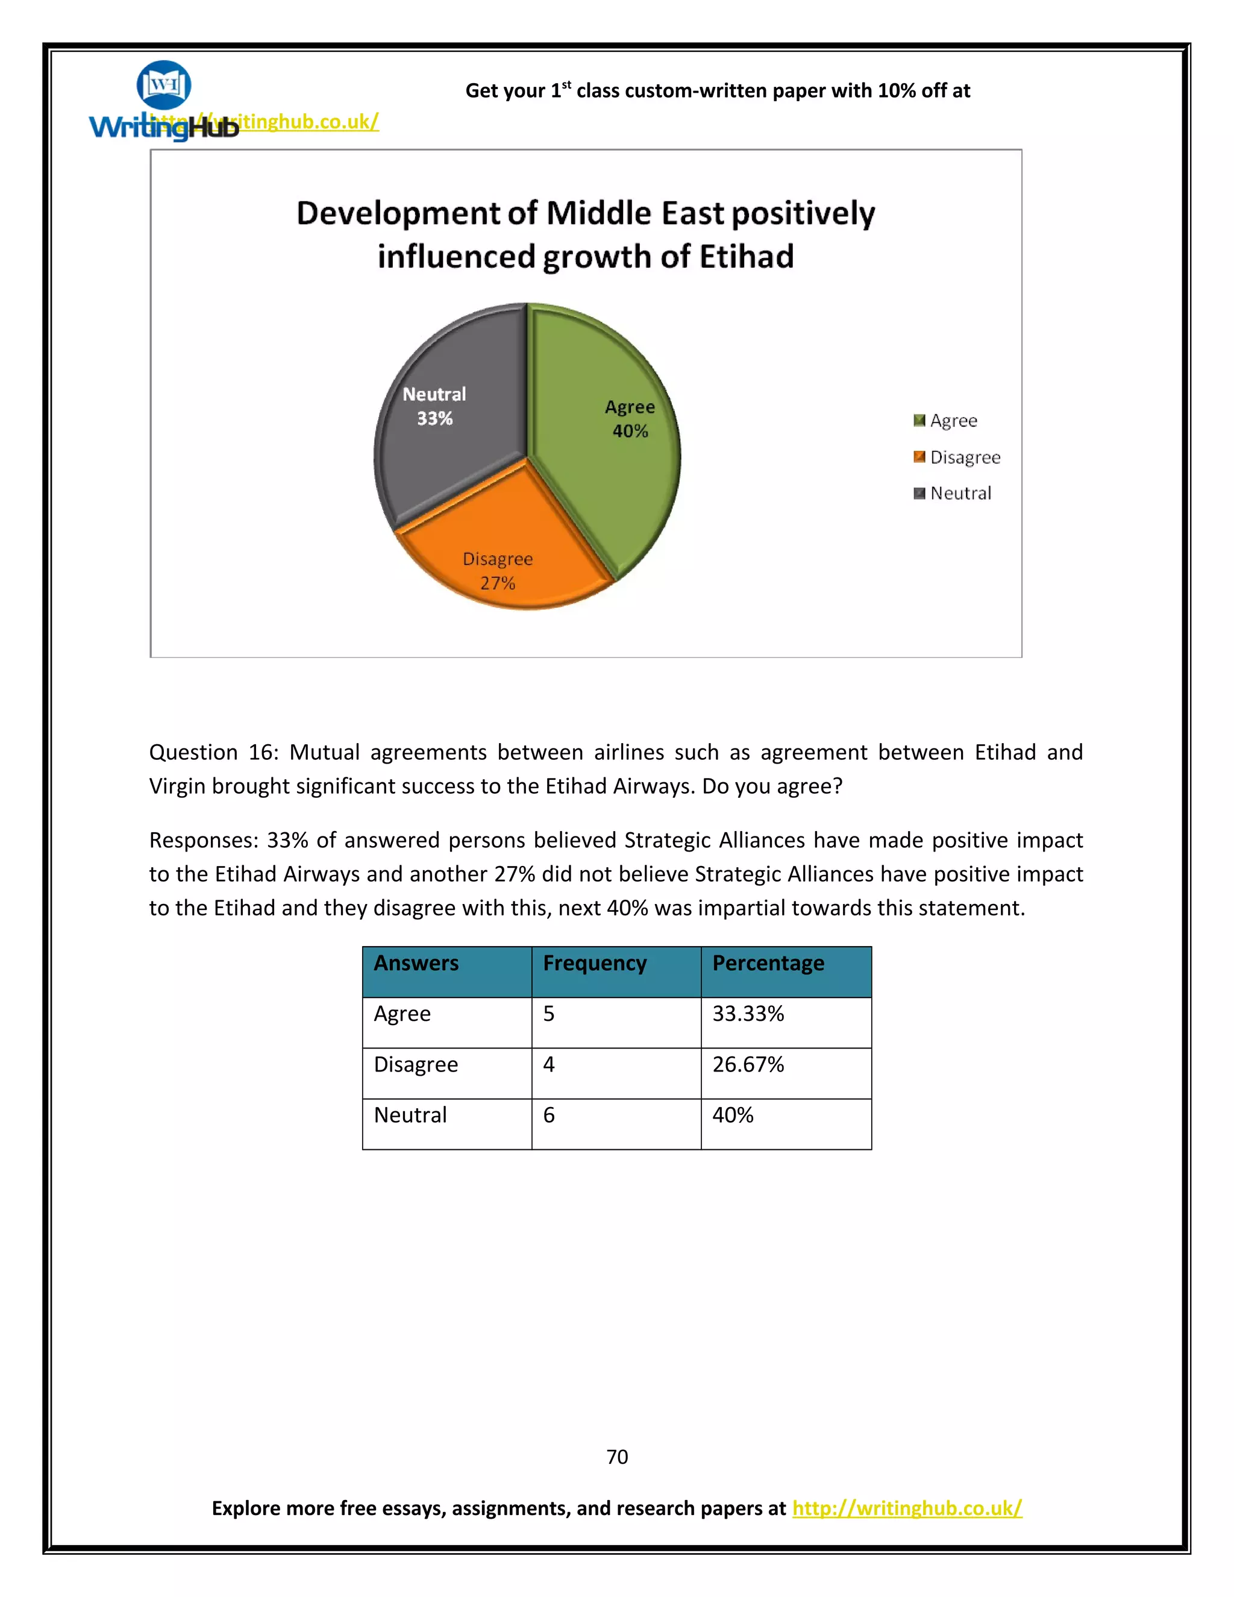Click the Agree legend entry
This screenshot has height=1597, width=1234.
pos(953,421)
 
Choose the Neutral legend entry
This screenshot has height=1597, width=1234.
pos(960,493)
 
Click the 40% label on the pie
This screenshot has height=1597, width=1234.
pos(630,431)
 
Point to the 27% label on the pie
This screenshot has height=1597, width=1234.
pos(498,583)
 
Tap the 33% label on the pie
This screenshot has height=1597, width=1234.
pos(435,418)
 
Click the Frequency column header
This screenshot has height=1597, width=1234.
pos(594,963)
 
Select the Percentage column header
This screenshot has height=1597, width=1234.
pos(768,963)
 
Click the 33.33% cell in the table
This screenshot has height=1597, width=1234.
pos(748,1014)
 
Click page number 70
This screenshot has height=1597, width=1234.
pos(617,1457)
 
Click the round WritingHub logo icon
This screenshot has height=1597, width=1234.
pos(164,85)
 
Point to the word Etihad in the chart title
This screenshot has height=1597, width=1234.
pos(747,257)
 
